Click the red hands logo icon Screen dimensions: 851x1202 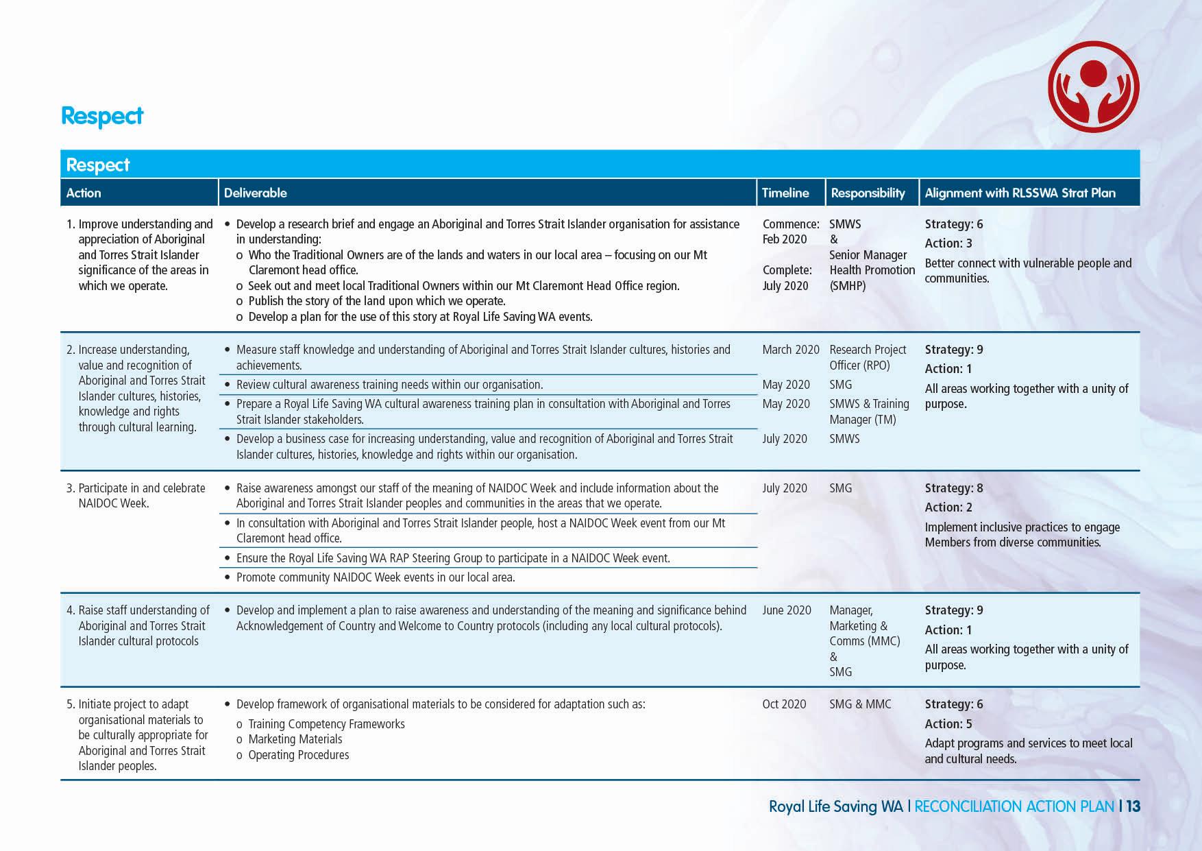1093,86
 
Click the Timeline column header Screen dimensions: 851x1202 785,193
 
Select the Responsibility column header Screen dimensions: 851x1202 868,193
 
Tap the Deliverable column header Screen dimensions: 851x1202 255,193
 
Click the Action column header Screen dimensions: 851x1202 84,193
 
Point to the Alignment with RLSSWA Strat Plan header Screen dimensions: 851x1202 1020,193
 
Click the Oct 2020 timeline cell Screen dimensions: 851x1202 784,704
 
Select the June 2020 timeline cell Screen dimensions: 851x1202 786,610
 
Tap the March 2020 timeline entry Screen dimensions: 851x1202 790,350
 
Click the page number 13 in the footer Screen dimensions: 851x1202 1133,806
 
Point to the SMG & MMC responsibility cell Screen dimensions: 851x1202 860,704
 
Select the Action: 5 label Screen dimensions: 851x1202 948,724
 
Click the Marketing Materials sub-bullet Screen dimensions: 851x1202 295,739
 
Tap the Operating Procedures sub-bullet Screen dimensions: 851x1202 298,755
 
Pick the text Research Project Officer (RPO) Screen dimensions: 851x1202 867,357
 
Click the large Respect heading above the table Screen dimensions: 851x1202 102,116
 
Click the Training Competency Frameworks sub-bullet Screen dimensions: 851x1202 326,724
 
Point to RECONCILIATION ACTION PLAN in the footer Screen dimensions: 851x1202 1014,806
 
